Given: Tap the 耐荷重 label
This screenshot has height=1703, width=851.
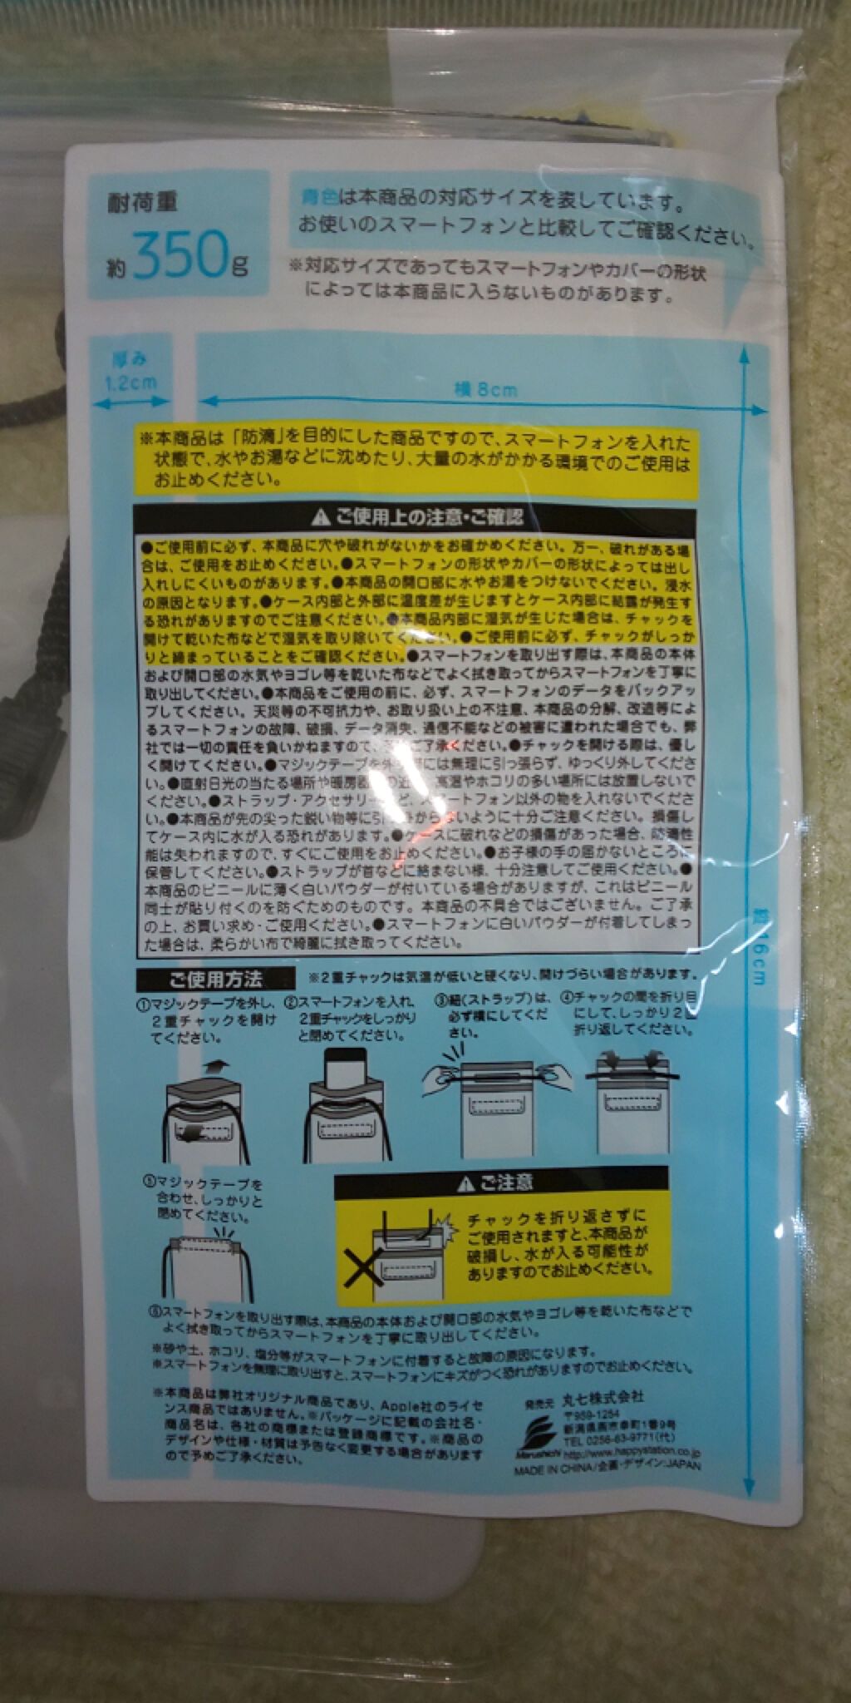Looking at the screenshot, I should point(142,202).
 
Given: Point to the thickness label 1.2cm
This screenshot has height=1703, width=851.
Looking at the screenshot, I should point(130,383).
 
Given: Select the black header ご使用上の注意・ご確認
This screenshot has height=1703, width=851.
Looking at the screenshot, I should point(418,517).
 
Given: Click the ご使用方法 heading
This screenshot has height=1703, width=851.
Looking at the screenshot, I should point(215,980).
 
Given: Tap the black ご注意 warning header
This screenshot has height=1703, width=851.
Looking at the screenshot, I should point(501,1182).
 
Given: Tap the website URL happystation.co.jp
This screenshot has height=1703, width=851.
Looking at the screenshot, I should point(632,1453).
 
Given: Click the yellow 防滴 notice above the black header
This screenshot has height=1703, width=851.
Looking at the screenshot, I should point(416,460).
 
